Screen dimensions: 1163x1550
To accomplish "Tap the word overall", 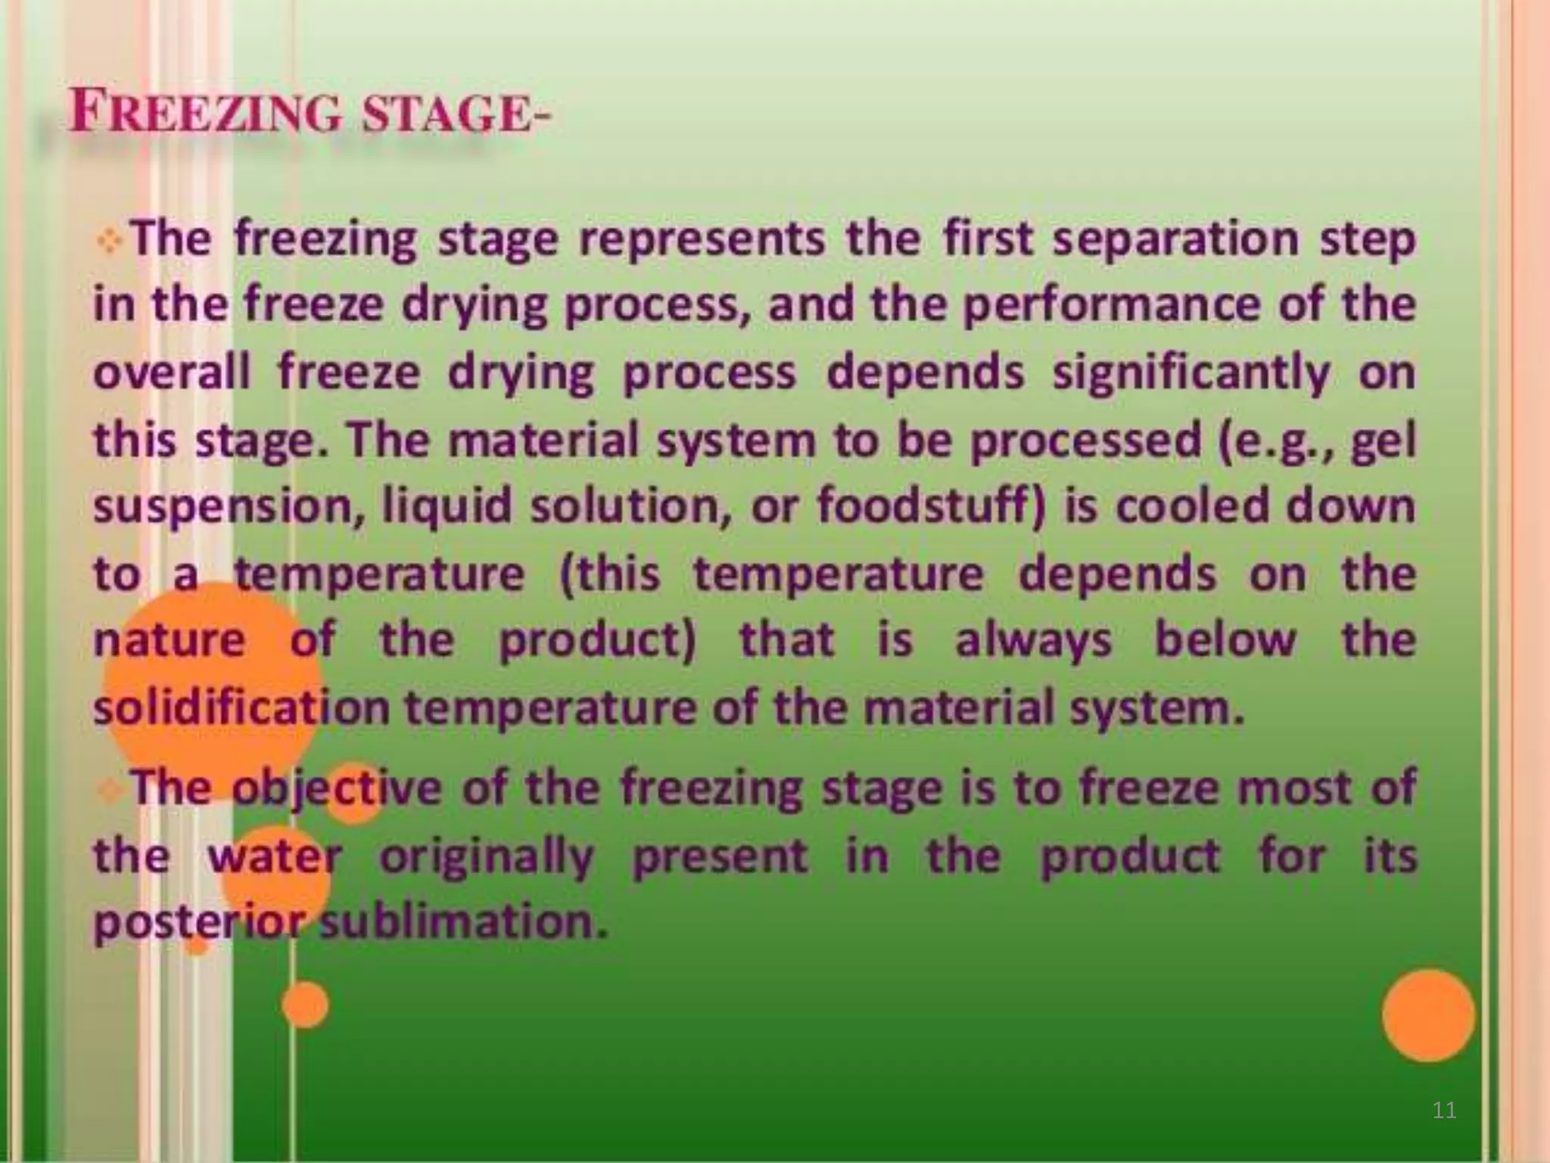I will pos(172,373).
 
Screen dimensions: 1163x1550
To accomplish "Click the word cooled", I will pos(1193,506).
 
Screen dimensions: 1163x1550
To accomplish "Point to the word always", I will pos(1033,641).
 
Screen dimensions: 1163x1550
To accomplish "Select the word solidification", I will pos(241,707).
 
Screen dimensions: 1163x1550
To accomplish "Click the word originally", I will pos(487,857).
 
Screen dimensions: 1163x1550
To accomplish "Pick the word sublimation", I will pos(464,922).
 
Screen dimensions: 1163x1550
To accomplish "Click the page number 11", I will pos(1444,1111).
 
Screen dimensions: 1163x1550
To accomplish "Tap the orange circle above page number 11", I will pos(1428,1015).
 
